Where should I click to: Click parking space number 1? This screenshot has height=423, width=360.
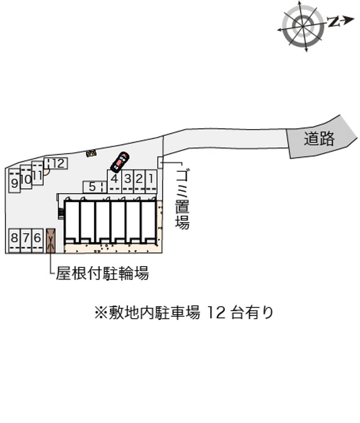(151, 181)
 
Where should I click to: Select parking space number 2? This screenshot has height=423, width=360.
(139, 181)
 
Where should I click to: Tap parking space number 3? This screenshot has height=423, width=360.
(127, 181)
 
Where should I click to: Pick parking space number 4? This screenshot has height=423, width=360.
(114, 181)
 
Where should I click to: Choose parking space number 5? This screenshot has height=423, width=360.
(94, 187)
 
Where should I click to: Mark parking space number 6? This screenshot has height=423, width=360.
(37, 240)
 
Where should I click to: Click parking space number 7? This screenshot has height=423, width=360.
(26, 240)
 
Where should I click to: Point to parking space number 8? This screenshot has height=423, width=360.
(14, 240)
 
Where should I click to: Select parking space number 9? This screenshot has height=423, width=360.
(14, 181)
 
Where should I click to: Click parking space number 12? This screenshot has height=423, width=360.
(56, 163)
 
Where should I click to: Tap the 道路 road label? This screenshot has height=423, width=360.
(319, 138)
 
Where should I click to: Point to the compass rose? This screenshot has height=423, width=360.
(303, 26)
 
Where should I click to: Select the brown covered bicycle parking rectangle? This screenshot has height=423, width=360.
(51, 240)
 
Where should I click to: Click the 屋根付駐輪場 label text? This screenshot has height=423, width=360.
(102, 273)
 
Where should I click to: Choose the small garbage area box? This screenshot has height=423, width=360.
(160, 162)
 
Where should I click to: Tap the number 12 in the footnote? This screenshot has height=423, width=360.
(216, 313)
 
